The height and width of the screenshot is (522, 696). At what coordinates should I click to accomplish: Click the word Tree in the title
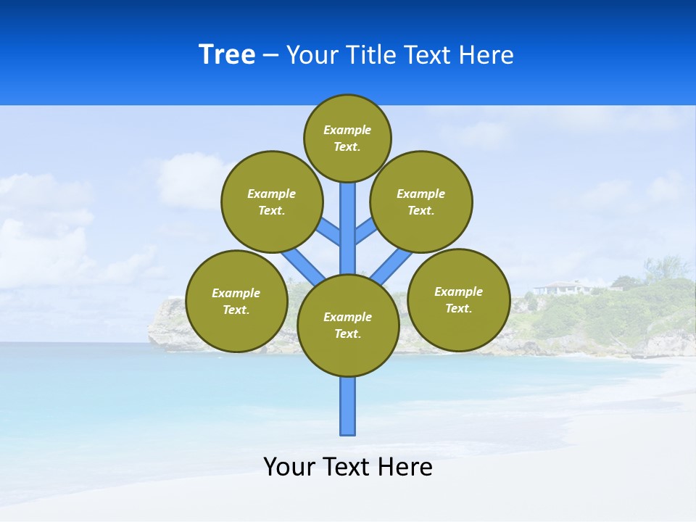click(x=227, y=55)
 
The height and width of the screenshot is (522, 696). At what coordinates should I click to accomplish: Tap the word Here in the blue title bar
click(x=486, y=55)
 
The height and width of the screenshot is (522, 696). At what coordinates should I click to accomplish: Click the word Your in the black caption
click(x=289, y=467)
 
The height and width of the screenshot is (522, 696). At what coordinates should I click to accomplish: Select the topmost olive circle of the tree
click(x=347, y=138)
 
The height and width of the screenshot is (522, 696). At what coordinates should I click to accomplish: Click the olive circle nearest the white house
click(x=458, y=300)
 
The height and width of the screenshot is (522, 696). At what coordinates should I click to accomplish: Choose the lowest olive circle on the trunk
click(x=348, y=326)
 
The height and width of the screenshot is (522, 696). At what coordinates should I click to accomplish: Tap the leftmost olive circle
click(x=236, y=302)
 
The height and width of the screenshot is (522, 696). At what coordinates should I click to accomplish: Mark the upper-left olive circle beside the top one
click(x=272, y=202)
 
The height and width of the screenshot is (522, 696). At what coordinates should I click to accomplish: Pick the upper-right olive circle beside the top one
click(x=420, y=202)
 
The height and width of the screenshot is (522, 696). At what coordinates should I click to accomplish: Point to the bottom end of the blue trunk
click(x=348, y=432)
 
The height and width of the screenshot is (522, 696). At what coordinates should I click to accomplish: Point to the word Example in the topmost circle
click(x=347, y=130)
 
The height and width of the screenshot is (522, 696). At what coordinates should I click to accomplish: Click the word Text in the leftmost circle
click(x=236, y=310)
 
